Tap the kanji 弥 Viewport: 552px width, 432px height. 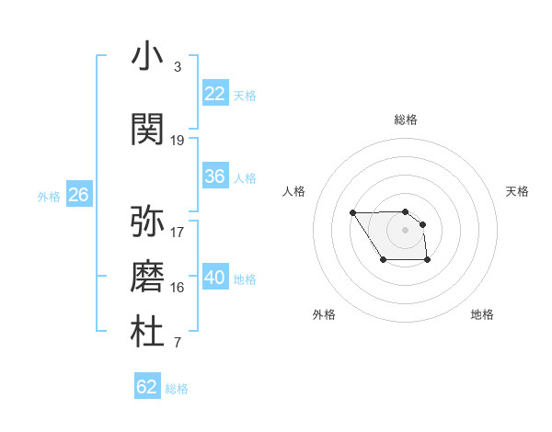147,221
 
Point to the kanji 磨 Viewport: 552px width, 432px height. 147,276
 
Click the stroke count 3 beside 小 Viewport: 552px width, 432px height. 177,67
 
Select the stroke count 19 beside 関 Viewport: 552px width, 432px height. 178,141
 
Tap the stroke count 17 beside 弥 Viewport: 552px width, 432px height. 178,233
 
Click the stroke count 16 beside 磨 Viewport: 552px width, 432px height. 178,288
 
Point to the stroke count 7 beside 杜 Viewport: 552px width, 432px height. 177,344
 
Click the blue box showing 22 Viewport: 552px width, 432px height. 215,94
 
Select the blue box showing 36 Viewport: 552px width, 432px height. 215,176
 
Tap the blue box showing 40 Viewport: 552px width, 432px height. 215,278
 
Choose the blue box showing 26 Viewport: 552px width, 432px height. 78,195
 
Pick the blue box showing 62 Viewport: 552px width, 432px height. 147,387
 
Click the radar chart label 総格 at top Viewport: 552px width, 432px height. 406,119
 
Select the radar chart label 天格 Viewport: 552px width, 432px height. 517,191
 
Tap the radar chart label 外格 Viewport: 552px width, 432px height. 324,314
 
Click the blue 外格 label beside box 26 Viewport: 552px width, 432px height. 49,196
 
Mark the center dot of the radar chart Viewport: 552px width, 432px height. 405,229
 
